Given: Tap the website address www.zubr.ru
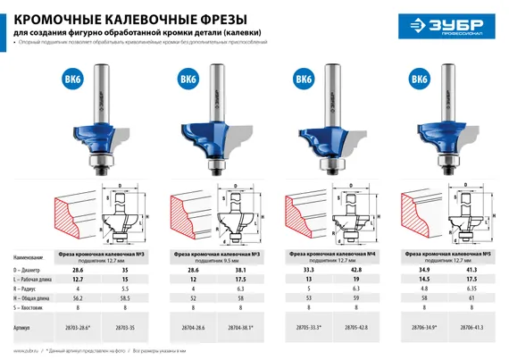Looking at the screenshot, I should point(27,353).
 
